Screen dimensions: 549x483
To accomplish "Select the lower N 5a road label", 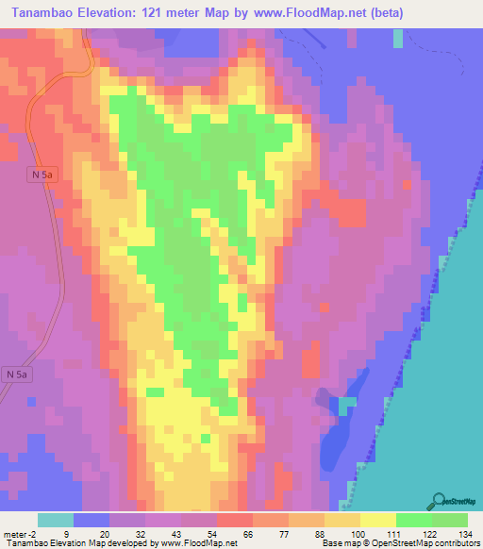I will (16, 374).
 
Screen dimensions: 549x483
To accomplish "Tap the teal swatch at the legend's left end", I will (56, 520).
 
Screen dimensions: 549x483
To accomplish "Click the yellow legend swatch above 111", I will (377, 520).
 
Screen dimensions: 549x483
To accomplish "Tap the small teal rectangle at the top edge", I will (398, 38).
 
